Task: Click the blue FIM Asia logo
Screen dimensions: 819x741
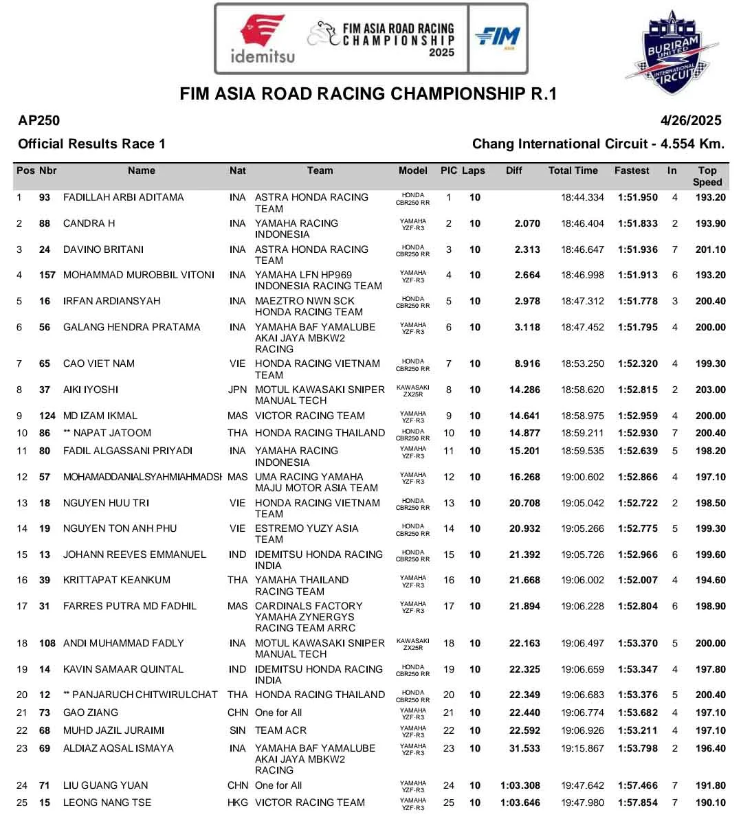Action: [498, 37]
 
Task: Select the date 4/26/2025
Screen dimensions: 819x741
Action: [691, 121]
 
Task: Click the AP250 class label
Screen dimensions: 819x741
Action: [39, 121]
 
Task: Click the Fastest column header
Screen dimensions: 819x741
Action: [632, 170]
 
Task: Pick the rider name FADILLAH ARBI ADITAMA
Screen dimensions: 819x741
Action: [124, 197]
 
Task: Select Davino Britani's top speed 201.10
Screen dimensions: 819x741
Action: [710, 249]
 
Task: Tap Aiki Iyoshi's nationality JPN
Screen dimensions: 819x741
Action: [237, 390]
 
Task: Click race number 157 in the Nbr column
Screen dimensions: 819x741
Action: [47, 275]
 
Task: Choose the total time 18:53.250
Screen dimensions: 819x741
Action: [582, 363]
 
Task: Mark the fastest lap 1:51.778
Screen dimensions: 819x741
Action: [637, 301]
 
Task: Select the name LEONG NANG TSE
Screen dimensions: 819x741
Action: [107, 803]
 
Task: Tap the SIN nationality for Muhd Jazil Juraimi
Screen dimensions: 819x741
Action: [237, 730]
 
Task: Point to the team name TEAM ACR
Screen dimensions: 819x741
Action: [280, 730]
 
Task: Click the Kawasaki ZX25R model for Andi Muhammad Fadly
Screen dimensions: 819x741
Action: [413, 644]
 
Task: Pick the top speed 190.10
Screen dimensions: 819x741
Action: [710, 803]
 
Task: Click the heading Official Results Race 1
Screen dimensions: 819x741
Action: [91, 144]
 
